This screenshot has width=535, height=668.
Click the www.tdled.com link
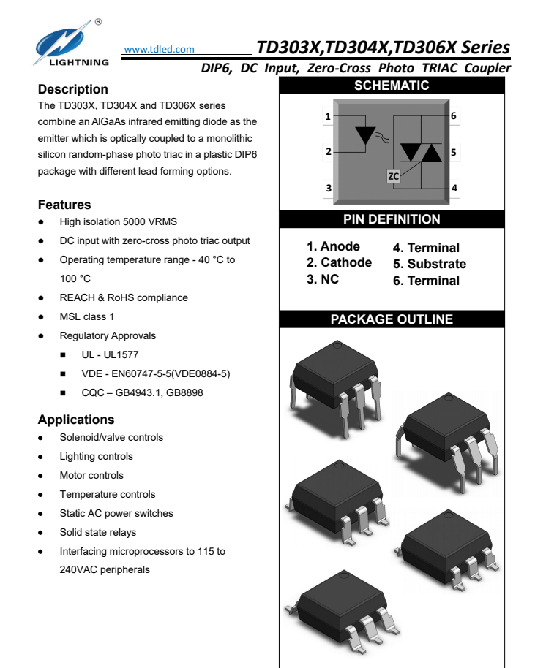160,50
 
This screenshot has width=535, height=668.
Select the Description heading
72,89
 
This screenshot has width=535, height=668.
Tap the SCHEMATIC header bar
392,86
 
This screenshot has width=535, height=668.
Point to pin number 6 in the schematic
454,116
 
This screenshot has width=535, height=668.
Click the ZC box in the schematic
393,176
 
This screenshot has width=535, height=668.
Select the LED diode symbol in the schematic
364,136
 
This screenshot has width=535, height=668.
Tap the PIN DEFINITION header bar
392,219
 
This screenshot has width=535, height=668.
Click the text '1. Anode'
333,246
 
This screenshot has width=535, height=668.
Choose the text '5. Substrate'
429,264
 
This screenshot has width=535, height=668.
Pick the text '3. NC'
322,279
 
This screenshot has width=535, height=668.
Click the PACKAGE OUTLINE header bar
392,319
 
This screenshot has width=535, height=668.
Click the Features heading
64,205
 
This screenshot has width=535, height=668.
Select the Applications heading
76,420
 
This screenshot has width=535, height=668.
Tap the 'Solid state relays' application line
98,532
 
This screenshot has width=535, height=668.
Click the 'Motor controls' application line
91,475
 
